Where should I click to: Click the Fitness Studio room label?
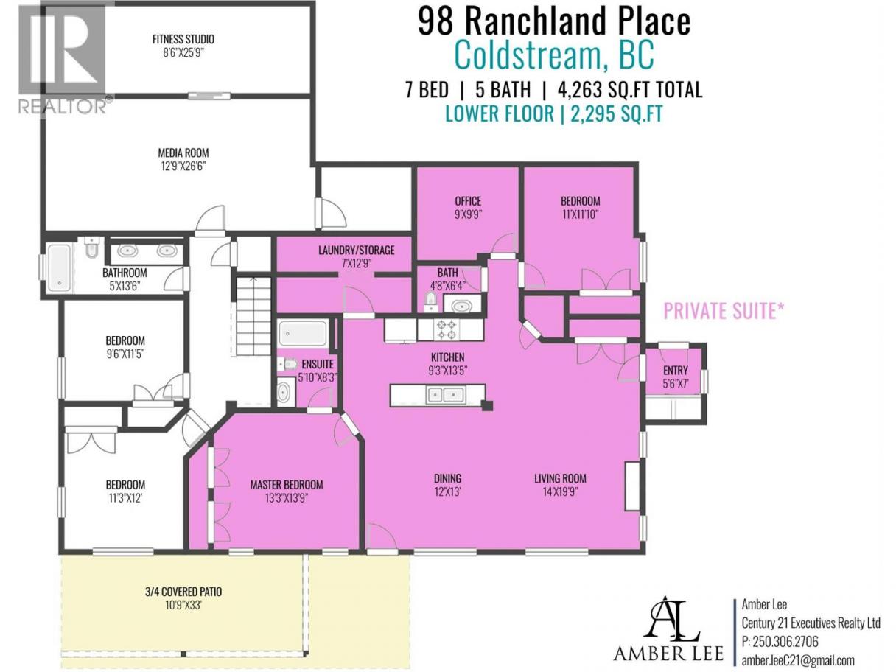(x=183, y=39)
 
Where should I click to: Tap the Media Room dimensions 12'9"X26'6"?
(x=183, y=167)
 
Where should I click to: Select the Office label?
(x=468, y=200)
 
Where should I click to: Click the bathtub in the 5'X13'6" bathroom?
(x=60, y=268)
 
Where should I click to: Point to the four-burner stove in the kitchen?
(x=447, y=329)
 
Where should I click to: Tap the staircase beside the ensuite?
(x=253, y=317)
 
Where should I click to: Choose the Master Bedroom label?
(x=287, y=484)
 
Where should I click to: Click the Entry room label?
(x=676, y=370)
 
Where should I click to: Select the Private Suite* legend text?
(x=724, y=310)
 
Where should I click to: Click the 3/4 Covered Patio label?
(x=183, y=592)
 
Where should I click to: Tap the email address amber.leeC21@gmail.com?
(x=797, y=659)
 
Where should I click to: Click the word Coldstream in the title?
(x=528, y=55)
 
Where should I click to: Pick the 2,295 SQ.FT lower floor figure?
(x=617, y=113)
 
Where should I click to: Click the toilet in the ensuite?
(x=288, y=363)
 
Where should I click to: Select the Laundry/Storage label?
(x=357, y=250)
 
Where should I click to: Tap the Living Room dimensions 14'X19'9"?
(x=560, y=491)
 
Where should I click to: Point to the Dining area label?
(x=448, y=478)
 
